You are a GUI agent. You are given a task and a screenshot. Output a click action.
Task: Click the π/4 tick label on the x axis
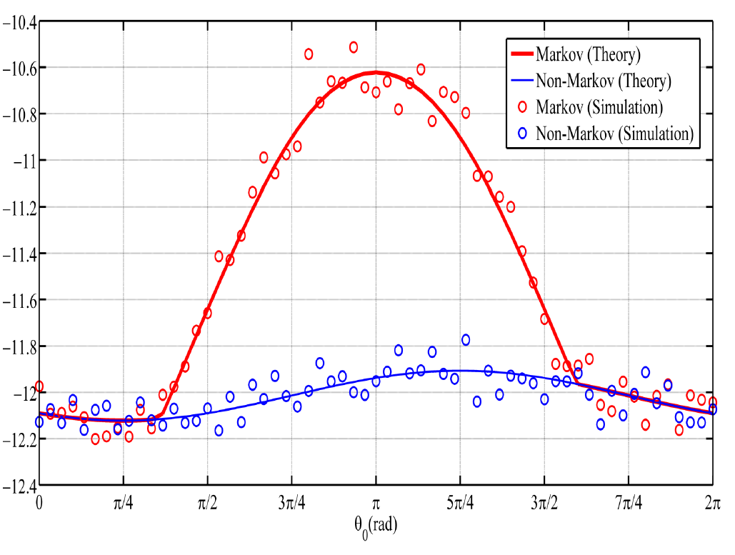coord(123,504)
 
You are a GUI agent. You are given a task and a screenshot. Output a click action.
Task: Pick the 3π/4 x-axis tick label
coord(291,504)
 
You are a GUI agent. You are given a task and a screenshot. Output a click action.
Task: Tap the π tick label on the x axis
coord(376,504)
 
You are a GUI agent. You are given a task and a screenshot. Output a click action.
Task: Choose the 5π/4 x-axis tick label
coord(459,504)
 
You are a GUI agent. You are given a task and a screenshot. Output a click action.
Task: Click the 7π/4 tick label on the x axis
coord(628,504)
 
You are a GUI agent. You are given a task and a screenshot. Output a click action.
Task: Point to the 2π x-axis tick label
coord(711,504)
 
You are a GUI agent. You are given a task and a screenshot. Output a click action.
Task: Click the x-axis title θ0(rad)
coord(376,526)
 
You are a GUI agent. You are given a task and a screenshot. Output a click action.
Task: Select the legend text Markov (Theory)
coord(598,54)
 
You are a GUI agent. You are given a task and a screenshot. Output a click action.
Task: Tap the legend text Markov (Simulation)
coord(609,107)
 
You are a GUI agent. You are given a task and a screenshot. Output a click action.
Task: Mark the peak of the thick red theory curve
coord(376,72)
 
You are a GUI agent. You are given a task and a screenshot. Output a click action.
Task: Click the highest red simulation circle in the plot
coord(354,47)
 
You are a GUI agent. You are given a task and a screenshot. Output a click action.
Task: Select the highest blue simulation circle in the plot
coord(466,340)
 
